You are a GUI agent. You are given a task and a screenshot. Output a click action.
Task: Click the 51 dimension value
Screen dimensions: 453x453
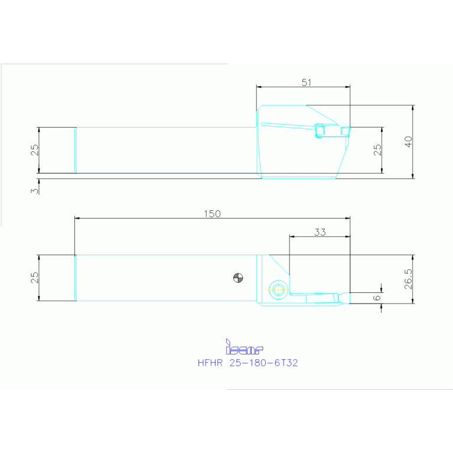pyautogui.click(x=306, y=82)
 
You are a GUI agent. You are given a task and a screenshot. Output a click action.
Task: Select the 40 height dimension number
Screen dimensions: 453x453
pyautogui.click(x=408, y=142)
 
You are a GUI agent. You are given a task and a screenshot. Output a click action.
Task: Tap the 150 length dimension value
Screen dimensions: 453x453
pyautogui.click(x=212, y=214)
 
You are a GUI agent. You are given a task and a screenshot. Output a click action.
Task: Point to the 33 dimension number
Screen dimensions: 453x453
pyautogui.click(x=320, y=232)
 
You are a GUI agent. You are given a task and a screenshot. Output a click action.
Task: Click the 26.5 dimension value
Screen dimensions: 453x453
pyautogui.click(x=408, y=279)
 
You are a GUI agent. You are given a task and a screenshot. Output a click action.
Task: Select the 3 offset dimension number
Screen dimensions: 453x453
pyautogui.click(x=34, y=190)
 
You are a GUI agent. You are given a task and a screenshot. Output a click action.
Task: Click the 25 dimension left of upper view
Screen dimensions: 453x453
pyautogui.click(x=34, y=150)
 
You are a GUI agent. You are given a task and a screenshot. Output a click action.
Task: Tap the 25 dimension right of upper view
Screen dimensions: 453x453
pyautogui.click(x=377, y=150)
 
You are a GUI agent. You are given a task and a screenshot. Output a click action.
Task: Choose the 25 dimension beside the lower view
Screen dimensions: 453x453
pyautogui.click(x=34, y=278)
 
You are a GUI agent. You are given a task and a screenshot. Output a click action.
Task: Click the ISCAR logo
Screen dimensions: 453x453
pyautogui.click(x=244, y=349)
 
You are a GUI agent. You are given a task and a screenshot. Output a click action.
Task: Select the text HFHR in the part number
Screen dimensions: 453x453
pyautogui.click(x=210, y=363)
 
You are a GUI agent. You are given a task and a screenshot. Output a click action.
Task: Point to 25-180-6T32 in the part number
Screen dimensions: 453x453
pyautogui.click(x=263, y=363)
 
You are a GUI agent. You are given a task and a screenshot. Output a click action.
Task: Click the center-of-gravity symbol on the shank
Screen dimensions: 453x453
pyautogui.click(x=237, y=276)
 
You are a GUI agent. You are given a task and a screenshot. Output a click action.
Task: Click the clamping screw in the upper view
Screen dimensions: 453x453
pyautogui.click(x=320, y=131)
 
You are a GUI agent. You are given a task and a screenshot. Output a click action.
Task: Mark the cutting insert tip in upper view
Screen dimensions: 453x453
pyautogui.click(x=348, y=131)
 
